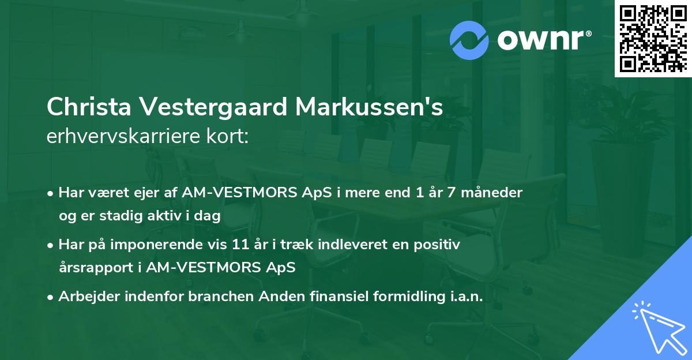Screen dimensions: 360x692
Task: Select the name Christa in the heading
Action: coord(90,108)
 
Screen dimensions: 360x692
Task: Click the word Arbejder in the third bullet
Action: coord(84,297)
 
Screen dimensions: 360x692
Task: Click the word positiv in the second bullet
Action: coord(439,245)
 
